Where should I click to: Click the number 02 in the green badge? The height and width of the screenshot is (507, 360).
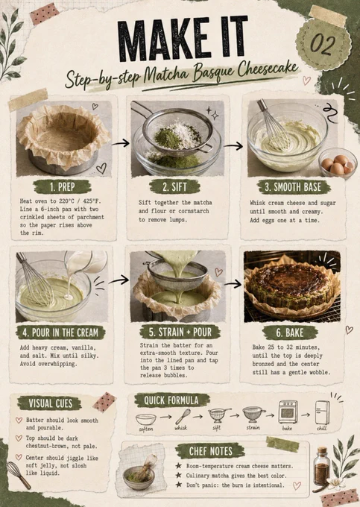[x=323, y=43]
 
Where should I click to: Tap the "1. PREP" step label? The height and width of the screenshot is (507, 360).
[x=63, y=187]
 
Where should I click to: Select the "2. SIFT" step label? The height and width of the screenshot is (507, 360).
[x=175, y=186]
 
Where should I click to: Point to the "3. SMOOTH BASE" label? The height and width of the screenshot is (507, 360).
[x=294, y=187]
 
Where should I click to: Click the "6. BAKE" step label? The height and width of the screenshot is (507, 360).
[x=290, y=333]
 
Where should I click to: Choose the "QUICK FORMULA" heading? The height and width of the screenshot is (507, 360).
[x=171, y=400]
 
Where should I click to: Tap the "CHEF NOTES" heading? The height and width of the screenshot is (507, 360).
[x=211, y=451]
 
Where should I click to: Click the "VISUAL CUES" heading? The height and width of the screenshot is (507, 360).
[x=50, y=403]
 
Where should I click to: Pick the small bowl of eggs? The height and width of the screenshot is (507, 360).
[x=338, y=163]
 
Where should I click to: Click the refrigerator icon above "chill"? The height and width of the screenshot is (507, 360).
[x=322, y=412]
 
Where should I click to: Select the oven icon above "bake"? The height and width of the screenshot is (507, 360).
[x=288, y=412]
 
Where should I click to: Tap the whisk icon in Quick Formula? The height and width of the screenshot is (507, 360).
[x=183, y=417]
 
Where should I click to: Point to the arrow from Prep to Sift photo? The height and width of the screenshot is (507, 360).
[x=121, y=143]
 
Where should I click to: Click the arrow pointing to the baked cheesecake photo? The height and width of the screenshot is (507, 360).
[x=233, y=284]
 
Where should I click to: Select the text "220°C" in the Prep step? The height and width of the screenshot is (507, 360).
[x=69, y=201]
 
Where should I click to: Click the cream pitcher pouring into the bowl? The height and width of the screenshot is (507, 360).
[x=86, y=262]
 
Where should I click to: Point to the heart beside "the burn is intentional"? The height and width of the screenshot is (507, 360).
[x=297, y=485]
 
